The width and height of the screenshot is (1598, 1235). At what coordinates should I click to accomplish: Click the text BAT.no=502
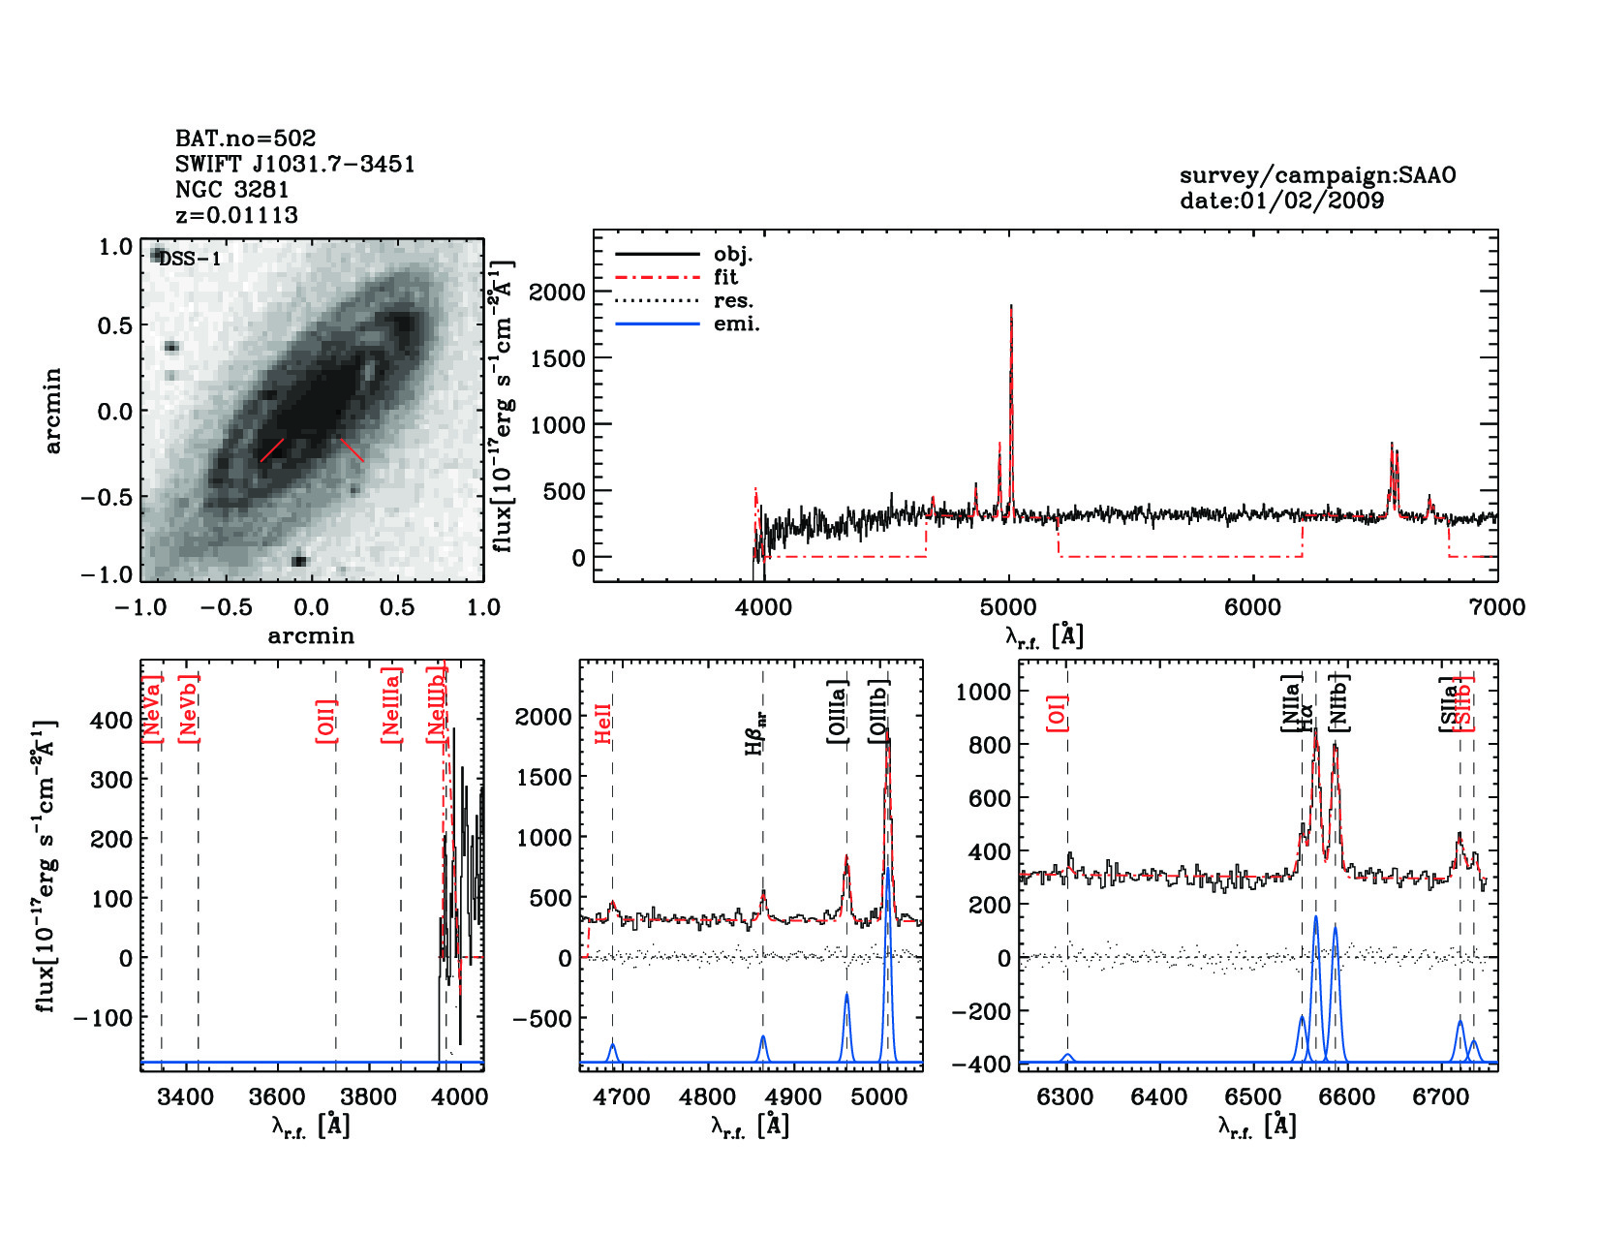tap(245, 139)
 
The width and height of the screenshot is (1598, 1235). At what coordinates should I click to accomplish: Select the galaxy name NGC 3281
tap(231, 190)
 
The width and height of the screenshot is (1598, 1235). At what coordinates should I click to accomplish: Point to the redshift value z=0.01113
tap(236, 215)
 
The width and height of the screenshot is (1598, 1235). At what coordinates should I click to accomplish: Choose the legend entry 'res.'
tap(733, 301)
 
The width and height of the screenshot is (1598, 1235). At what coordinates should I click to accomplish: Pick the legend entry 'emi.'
tap(736, 324)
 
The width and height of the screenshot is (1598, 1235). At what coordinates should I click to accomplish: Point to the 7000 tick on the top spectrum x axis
tap(1497, 608)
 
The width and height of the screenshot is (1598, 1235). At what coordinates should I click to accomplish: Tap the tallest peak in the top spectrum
tap(1011, 307)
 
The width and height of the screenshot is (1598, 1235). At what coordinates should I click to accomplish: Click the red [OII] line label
tap(326, 721)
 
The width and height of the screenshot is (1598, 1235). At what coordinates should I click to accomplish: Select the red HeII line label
tap(603, 724)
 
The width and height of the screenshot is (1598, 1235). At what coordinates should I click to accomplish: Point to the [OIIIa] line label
tap(838, 712)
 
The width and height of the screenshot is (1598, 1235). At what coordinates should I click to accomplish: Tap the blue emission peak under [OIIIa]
tap(846, 996)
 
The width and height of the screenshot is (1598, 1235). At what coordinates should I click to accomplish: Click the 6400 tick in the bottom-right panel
tap(1159, 1096)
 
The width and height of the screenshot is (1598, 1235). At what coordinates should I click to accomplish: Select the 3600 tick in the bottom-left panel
tap(277, 1096)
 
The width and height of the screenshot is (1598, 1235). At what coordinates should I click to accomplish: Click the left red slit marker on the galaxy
tap(272, 449)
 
